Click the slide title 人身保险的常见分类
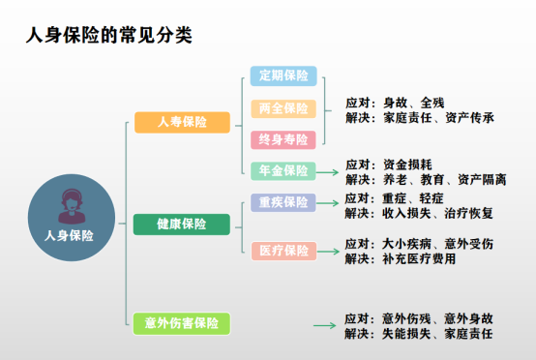(x=109, y=36)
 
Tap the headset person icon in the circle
(x=69, y=203)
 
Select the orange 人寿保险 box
(x=182, y=122)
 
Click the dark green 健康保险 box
(x=182, y=224)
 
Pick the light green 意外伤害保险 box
(x=182, y=323)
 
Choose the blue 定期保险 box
(x=283, y=76)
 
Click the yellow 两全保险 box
(x=283, y=108)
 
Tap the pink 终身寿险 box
(x=283, y=139)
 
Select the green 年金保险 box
(x=283, y=171)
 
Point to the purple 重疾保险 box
(x=283, y=202)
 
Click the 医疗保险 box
(x=283, y=251)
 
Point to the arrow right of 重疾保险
(x=328, y=203)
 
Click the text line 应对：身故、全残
(x=394, y=102)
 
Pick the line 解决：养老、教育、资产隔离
(x=426, y=180)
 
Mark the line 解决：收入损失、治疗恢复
(x=419, y=213)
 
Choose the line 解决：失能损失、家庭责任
(x=419, y=334)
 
